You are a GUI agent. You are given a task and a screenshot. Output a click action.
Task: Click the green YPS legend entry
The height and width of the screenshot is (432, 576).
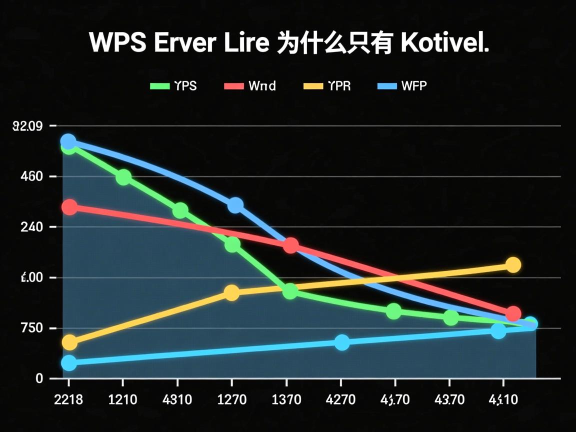(x=173, y=86)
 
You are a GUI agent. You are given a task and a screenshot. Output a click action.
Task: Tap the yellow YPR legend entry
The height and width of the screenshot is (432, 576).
(x=327, y=86)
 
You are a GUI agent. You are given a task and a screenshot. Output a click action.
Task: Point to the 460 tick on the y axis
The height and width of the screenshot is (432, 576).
(x=31, y=176)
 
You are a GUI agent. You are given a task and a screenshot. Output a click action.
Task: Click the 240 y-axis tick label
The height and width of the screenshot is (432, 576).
(x=31, y=227)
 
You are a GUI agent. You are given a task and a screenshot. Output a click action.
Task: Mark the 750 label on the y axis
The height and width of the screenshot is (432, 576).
(x=31, y=328)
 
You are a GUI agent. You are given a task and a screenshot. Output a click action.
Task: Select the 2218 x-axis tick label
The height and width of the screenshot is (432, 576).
(x=67, y=399)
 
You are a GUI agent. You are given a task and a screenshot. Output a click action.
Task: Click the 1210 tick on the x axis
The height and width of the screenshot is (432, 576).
(x=122, y=399)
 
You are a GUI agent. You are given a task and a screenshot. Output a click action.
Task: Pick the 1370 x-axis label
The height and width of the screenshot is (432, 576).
(x=286, y=399)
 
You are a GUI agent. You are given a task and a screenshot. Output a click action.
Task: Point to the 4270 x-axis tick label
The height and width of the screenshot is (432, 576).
(x=340, y=399)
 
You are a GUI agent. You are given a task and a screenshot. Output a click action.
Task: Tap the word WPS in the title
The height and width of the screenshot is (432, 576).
(x=118, y=43)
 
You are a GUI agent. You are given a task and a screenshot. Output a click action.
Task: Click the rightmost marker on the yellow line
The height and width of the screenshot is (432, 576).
(x=513, y=265)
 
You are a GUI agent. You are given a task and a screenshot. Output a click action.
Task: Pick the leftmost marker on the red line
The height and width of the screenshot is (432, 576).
(x=69, y=207)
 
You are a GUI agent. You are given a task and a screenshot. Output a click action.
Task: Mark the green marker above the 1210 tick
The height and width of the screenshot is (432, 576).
(x=123, y=177)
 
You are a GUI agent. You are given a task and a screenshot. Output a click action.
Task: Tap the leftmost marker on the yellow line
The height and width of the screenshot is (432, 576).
(x=69, y=342)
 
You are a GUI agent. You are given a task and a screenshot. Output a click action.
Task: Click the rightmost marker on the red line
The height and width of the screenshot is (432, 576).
(x=513, y=314)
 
